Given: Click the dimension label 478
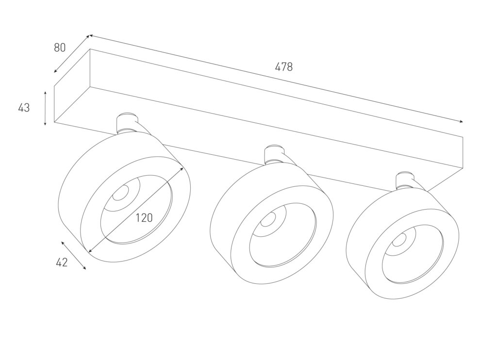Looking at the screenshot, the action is (x=283, y=67).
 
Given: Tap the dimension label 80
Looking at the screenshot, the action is (x=60, y=48).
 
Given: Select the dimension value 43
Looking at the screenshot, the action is (x=24, y=108).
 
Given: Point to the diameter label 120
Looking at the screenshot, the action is (x=144, y=218).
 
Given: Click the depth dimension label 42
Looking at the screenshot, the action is (x=62, y=262).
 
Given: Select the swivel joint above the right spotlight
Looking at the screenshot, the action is (x=405, y=181).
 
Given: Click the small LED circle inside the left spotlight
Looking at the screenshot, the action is (x=121, y=193).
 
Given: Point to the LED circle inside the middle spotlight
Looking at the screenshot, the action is (x=268, y=219).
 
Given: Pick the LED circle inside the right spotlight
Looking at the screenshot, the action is (x=399, y=240).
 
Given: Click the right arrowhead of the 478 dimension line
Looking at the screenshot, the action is (x=461, y=121).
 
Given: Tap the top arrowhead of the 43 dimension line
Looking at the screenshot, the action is (x=45, y=93).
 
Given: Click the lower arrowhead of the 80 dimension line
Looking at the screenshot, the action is (x=55, y=71).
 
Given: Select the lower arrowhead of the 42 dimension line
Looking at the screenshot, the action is (x=84, y=268).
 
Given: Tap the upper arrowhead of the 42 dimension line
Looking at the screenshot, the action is (x=63, y=243).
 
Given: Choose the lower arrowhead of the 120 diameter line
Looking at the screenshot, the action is (x=90, y=251).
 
